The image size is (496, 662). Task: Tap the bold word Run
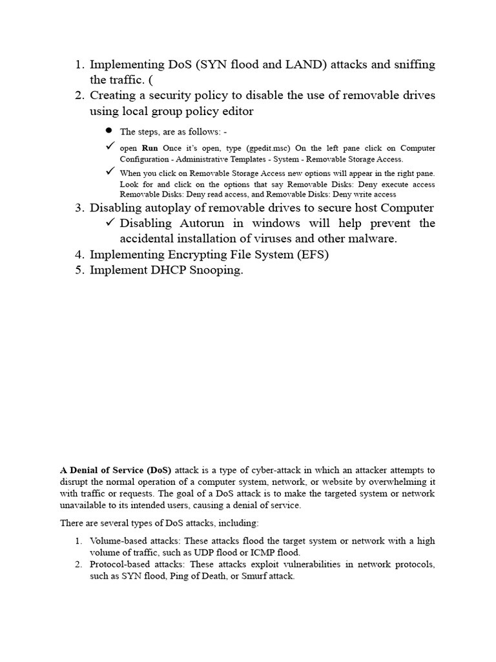pyautogui.click(x=150, y=148)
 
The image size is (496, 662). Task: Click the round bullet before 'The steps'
pyautogui.click(x=109, y=131)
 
